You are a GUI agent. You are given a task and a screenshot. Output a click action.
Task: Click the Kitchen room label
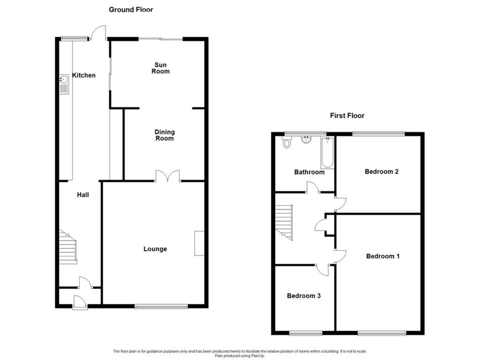tap(84, 75)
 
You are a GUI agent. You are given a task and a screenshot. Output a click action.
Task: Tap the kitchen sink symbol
tap(64, 84)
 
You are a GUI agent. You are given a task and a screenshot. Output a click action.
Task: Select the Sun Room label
tap(160, 68)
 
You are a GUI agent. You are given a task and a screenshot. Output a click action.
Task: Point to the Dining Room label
tap(165, 135)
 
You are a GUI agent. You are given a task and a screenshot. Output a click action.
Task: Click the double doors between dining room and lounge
tap(168, 176)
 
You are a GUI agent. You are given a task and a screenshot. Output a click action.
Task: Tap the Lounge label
tap(155, 249)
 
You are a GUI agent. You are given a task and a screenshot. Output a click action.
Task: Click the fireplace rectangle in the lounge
tap(200, 243)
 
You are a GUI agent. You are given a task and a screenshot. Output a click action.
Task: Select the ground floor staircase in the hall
tap(68, 246)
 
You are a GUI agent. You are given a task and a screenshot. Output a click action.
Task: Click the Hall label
tap(83, 195)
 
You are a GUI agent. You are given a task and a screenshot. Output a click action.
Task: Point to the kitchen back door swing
tap(98, 33)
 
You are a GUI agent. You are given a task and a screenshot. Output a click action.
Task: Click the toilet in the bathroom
tap(287, 142)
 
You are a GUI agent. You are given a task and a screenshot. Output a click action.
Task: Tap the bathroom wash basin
tap(306, 140)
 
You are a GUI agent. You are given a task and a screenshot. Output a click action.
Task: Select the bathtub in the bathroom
tap(327, 152)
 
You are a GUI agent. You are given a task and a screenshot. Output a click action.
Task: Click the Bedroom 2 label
tap(382, 172)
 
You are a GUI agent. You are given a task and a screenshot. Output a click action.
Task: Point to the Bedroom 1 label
tap(383, 256)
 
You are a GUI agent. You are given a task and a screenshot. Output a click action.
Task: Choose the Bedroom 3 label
tap(304, 296)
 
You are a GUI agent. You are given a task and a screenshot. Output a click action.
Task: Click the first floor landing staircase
tap(284, 222)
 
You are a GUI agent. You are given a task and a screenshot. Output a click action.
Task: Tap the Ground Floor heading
tap(131, 10)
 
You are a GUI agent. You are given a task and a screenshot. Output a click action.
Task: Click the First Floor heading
tap(347, 116)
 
